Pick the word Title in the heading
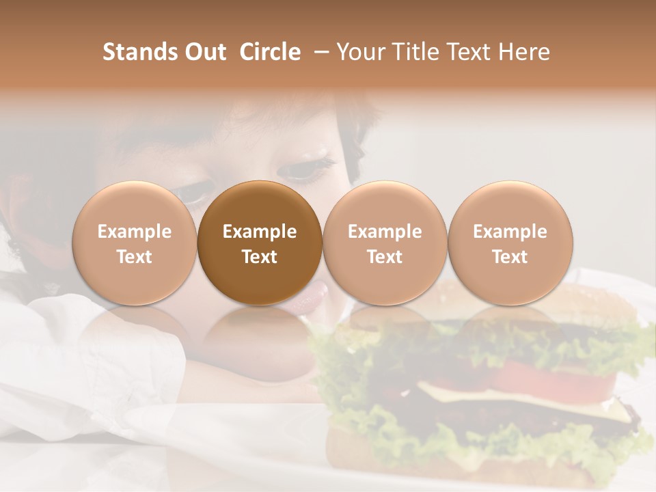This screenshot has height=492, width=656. coord(417,52)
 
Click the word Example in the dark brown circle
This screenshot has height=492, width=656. coord(260,232)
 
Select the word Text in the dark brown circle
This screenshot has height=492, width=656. coord(260,257)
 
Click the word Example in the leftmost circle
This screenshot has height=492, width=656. coord(135,232)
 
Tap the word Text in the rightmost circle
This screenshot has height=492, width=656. coord(510,257)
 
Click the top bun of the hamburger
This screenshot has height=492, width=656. coord(547,301)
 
